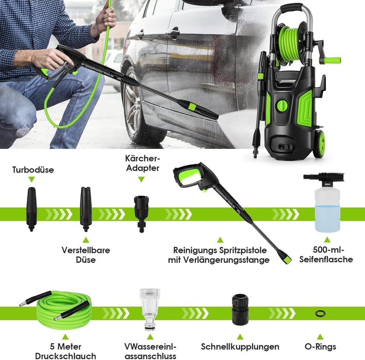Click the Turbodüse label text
tap(33, 169)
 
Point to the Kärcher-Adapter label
tap(143, 163)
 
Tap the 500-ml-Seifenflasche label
tap(326, 254)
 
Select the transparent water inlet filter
tap(150, 309)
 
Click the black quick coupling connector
tap(240, 309)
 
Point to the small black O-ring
tap(320, 313)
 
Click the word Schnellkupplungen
tap(240, 347)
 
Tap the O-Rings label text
tap(320, 346)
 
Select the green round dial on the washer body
tap(283, 106)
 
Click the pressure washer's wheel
tap(319, 143)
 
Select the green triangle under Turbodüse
tap(31, 179)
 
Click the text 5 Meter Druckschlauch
tap(65, 351)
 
